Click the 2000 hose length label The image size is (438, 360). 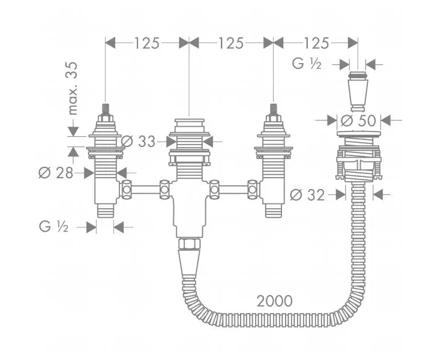pyautogui.click(x=275, y=301)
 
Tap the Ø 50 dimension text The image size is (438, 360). pyautogui.click(x=358, y=121)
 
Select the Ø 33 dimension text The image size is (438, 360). pyautogui.click(x=138, y=142)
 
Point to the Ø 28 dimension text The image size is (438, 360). pyautogui.click(x=56, y=173)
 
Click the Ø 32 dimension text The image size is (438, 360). pyautogui.click(x=307, y=194)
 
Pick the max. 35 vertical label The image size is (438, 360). pyautogui.click(x=73, y=88)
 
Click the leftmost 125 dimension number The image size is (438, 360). pyautogui.click(x=147, y=43)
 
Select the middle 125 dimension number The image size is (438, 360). pyautogui.click(x=231, y=43)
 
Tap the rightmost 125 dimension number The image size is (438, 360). pyautogui.click(x=316, y=43)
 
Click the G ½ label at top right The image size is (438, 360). pyautogui.click(x=307, y=64)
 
